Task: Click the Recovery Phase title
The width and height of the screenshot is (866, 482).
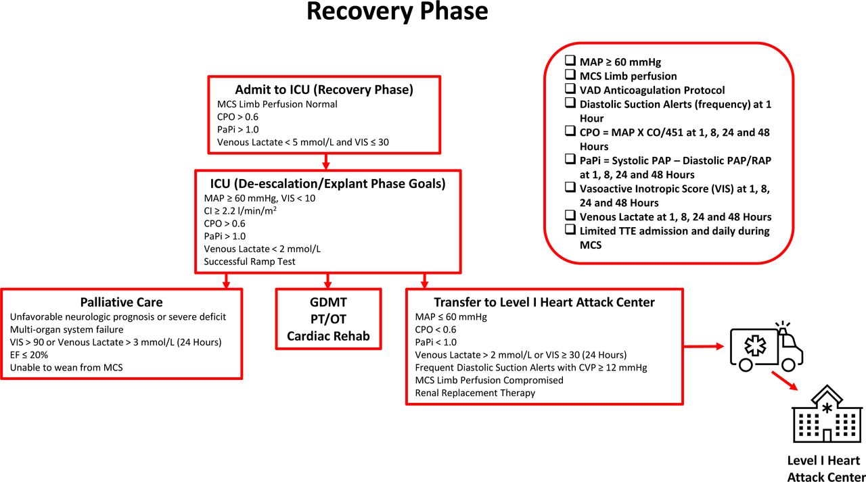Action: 396,12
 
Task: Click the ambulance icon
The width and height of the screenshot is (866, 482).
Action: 766,346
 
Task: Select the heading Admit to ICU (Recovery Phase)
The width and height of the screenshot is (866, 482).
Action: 324,90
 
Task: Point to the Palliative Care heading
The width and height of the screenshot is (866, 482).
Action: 122,302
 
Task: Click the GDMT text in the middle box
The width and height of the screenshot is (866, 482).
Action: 328,302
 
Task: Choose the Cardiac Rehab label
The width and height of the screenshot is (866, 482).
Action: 328,336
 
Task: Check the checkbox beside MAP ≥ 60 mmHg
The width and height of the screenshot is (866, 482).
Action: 570,62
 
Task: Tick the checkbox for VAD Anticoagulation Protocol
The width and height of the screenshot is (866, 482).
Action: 570,90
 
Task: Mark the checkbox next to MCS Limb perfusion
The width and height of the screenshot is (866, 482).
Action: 570,76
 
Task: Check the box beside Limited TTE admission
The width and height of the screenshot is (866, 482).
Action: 570,231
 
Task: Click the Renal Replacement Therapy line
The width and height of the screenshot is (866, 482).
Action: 475,393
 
